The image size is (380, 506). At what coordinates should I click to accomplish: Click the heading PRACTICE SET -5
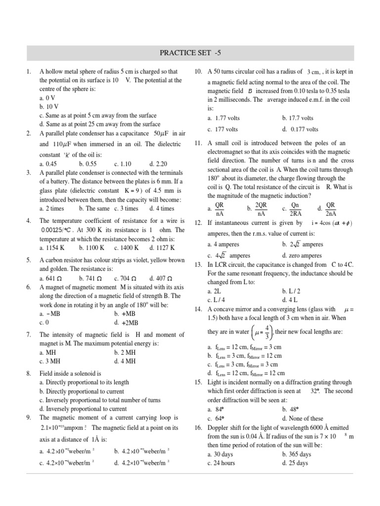(190, 52)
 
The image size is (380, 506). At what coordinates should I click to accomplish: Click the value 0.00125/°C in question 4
(57, 230)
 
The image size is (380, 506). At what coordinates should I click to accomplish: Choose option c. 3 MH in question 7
(52, 361)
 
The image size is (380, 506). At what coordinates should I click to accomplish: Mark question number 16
(198, 427)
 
